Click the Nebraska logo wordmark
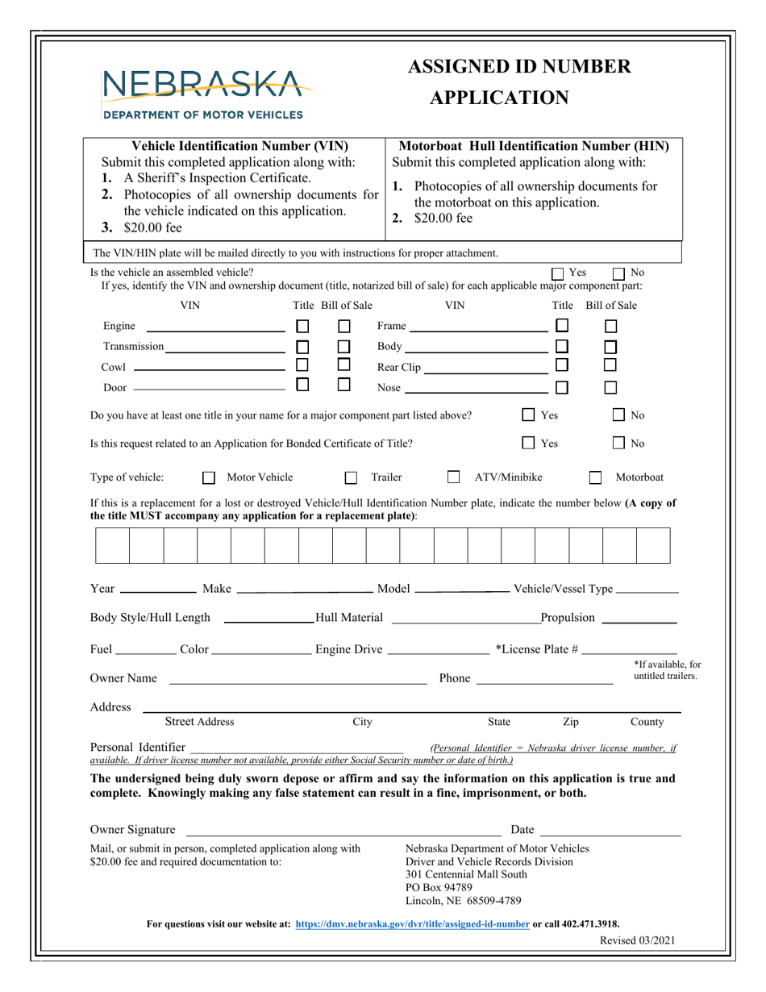[202, 84]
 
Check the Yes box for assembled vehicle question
[558, 273]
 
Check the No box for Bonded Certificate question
[618, 443]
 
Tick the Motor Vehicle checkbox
[209, 477]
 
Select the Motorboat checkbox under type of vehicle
[595, 477]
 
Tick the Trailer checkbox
[351, 477]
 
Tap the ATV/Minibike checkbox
[453, 477]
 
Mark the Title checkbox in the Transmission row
[302, 347]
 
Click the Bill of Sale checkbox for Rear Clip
[611, 368]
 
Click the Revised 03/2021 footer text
[638, 940]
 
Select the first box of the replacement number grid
[113, 545]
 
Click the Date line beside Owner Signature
[610, 831]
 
